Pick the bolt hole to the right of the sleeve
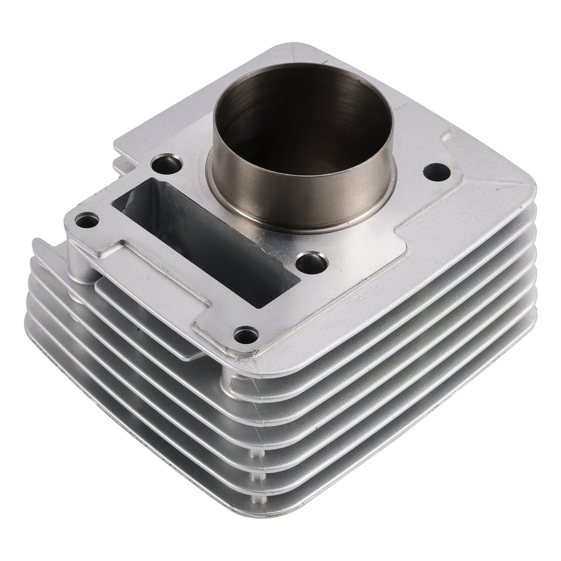point(437,171)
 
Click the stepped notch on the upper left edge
point(123,151)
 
